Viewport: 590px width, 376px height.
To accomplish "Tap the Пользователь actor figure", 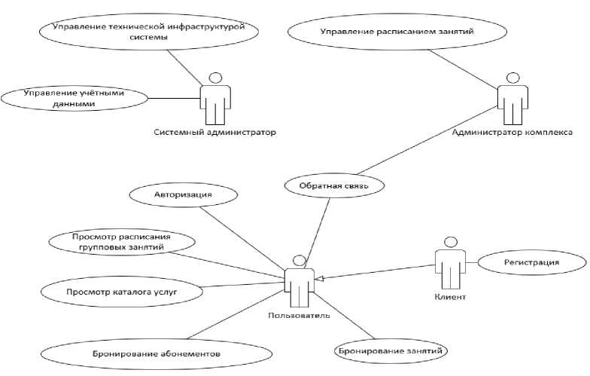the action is pyautogui.click(x=300, y=281).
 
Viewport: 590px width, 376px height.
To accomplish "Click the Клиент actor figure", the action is pyautogui.click(x=450, y=263).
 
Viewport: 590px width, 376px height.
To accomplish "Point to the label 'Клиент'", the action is pyautogui.click(x=450, y=297).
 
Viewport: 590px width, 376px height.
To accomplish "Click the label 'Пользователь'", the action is pyautogui.click(x=300, y=315).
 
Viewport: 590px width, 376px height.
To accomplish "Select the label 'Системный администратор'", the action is pyautogui.click(x=215, y=133).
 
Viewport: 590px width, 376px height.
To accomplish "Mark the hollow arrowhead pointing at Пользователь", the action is pyautogui.click(x=319, y=279).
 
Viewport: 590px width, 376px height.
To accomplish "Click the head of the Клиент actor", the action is pyautogui.click(x=450, y=243).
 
